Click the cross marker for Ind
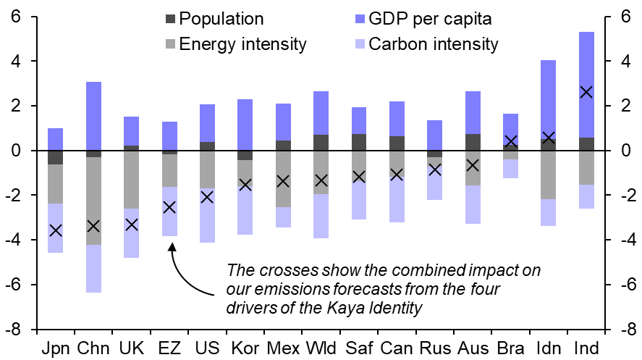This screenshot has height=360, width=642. pos(586,92)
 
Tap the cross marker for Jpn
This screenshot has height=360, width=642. pos(56,230)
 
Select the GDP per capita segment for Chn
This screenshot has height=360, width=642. pos(93,116)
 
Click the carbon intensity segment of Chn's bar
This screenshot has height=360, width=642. pos(93,268)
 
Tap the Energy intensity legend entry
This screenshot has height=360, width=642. pos(243,44)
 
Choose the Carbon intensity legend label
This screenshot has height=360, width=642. pos(434,44)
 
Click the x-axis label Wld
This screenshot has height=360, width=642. pos(321,348)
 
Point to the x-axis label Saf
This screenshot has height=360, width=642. pos(359,348)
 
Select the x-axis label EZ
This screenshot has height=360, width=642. pos(169,348)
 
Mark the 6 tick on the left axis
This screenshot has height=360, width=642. pos(25,17)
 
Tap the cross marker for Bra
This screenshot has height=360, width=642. pos(511,141)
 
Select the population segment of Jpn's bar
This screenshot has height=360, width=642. pos(56,157)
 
